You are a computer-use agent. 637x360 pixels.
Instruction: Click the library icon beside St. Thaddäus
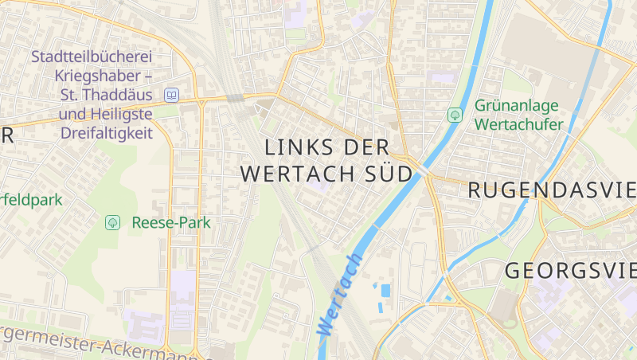coord(170,96)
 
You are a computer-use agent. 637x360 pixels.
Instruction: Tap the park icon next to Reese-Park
coord(112,222)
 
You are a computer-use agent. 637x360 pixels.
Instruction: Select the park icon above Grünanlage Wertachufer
coord(455,115)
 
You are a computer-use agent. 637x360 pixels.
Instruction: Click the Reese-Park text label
coord(171,222)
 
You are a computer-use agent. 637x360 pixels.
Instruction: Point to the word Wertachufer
coord(518,124)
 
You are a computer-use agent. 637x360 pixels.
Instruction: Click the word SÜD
coord(389,173)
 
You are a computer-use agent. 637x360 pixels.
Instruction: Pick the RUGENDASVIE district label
coord(552,190)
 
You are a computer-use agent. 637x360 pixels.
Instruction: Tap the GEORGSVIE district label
coord(570,270)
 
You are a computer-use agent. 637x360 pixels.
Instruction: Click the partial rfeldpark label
coord(31,200)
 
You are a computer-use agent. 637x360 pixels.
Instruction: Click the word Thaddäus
coord(119,96)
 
